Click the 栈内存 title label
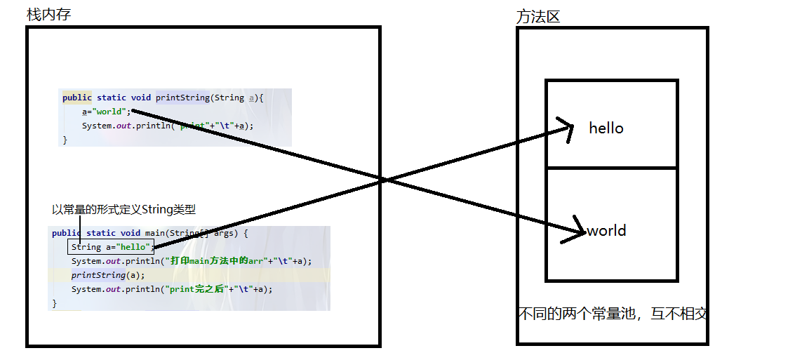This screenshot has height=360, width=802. pos(48,15)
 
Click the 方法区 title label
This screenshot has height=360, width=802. pos(537,17)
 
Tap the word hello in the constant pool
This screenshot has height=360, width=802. pos(606,128)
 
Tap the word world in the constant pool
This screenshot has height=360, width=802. pos(606,231)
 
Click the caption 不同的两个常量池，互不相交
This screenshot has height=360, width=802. pos(612,314)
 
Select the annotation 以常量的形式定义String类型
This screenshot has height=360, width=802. pos(124,209)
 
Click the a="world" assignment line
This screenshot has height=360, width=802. pos(106,112)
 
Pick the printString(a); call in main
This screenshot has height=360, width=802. pos(107,275)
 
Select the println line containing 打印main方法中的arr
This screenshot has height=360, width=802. pos(191,261)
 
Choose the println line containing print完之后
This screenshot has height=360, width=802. pos(171,289)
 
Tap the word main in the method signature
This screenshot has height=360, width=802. pos(154,233)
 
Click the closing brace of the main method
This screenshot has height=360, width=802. pos(55,303)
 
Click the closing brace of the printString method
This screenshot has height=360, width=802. pos(65,140)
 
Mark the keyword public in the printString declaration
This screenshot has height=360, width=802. pos(77,98)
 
